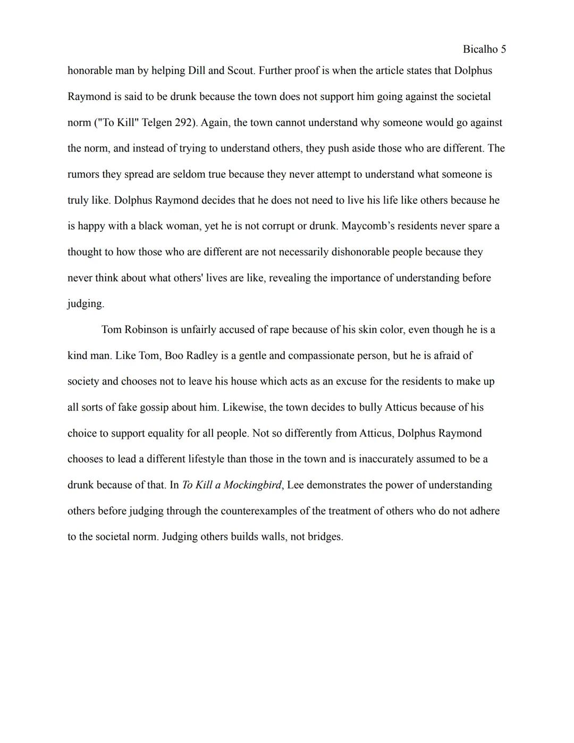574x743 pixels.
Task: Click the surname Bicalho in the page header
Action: click(x=480, y=49)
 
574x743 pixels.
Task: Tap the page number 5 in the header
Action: click(x=503, y=49)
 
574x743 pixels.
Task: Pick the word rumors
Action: click(x=83, y=174)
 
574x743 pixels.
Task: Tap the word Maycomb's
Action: click(x=367, y=226)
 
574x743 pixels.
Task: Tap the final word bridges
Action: click(x=325, y=537)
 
